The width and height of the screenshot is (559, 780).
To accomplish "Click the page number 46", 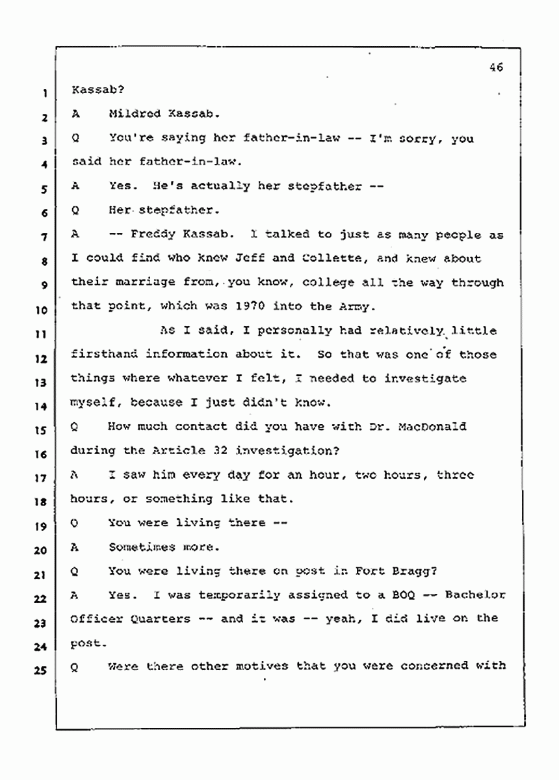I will pyautogui.click(x=497, y=67).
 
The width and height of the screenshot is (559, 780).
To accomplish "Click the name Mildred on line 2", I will pyautogui.click(x=135, y=113).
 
